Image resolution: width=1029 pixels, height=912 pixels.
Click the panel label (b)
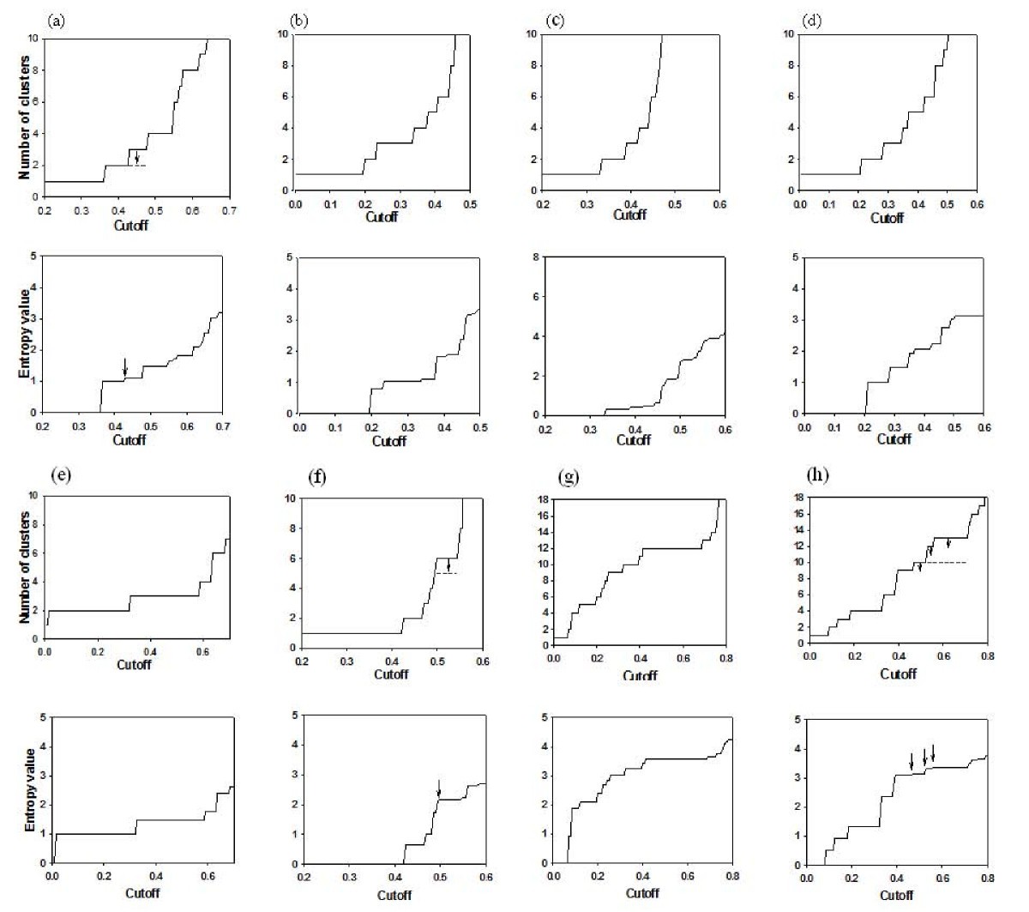click(x=300, y=20)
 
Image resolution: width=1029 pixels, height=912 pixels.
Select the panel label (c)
click(x=555, y=20)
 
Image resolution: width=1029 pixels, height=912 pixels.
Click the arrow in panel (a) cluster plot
click(x=136, y=158)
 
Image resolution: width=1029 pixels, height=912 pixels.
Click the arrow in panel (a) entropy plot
click(x=125, y=367)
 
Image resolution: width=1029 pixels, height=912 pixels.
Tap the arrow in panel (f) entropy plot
click(x=438, y=788)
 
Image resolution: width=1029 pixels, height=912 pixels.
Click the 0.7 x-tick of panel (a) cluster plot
click(x=229, y=210)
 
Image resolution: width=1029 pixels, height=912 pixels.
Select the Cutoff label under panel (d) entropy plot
click(x=894, y=439)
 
